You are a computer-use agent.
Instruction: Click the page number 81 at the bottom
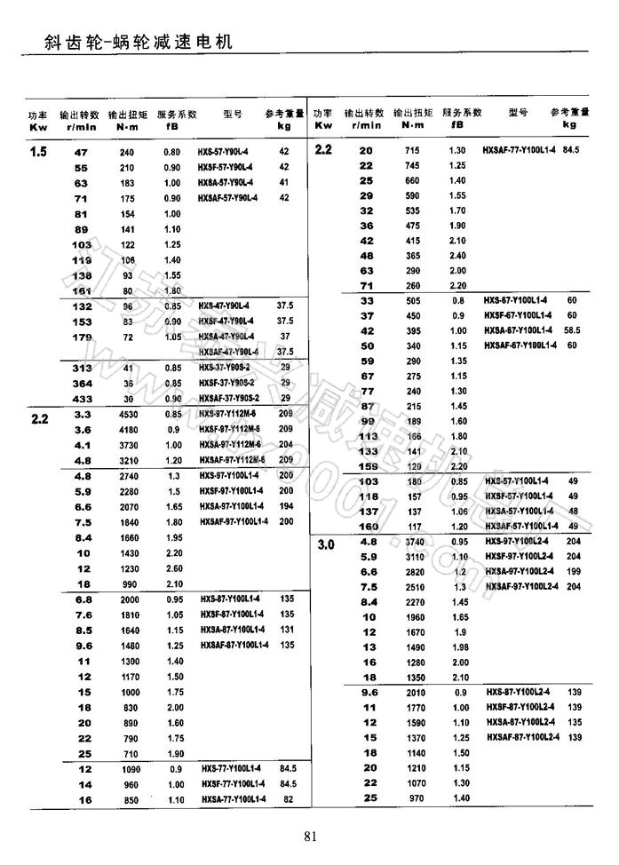click(x=310, y=835)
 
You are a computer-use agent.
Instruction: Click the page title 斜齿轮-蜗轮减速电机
click(x=131, y=41)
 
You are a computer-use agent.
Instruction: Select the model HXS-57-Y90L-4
click(x=225, y=152)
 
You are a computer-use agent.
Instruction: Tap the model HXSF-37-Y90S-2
click(x=226, y=383)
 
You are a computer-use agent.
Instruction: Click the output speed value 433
click(x=82, y=398)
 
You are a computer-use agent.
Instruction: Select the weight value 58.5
click(x=573, y=330)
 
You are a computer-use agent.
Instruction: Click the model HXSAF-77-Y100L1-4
click(x=520, y=151)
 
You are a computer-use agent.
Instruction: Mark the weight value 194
click(x=286, y=505)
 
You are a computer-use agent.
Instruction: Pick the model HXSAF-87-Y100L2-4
click(x=522, y=738)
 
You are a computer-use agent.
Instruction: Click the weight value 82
click(x=287, y=799)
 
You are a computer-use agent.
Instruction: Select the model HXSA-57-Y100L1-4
click(x=520, y=511)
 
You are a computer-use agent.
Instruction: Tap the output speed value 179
click(x=82, y=337)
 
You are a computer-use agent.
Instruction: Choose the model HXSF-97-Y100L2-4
click(x=521, y=556)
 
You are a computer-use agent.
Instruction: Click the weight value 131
click(x=286, y=629)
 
